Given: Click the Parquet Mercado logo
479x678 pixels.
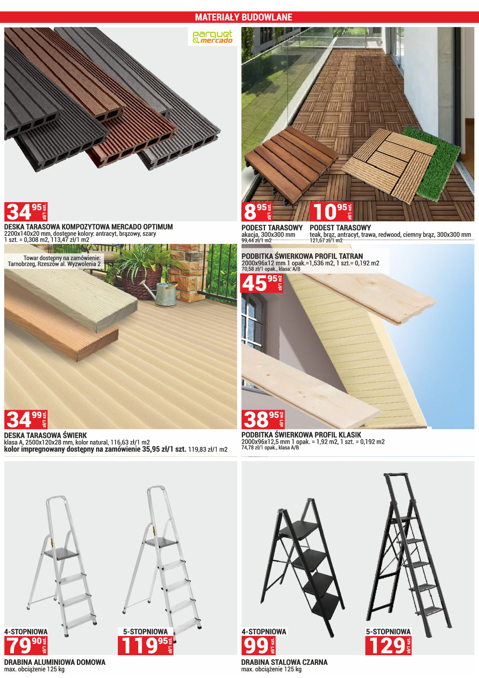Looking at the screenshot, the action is point(212,37).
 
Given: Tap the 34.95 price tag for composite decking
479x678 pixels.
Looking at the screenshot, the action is point(26,212).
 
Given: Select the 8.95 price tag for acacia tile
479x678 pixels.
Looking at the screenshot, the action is point(257,212).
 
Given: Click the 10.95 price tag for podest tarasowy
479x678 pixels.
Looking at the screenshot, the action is point(331,212).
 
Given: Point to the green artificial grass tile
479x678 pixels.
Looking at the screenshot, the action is point(432,164).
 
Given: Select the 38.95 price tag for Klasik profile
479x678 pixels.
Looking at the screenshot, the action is point(263,419).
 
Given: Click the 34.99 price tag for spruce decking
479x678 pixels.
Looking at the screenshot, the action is point(26,419).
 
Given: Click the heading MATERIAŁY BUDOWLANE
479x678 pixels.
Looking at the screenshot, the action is point(244,17).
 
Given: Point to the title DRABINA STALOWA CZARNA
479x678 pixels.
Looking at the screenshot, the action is point(284,662).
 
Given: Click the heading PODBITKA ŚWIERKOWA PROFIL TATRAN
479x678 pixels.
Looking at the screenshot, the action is point(302,256).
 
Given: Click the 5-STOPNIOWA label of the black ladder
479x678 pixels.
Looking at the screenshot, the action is point(388,632).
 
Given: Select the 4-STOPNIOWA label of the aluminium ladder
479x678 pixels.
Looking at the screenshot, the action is point(26,632).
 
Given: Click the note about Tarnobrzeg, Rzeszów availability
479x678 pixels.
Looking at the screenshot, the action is point(54,261).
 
